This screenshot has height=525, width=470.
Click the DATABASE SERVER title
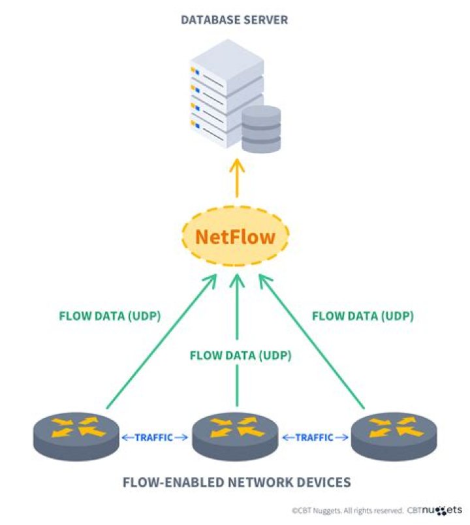click(x=234, y=21)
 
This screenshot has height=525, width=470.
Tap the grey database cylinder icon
click(x=260, y=129)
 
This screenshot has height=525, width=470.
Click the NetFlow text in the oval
click(x=236, y=236)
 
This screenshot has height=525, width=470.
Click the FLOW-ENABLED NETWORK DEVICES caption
click(x=236, y=483)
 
